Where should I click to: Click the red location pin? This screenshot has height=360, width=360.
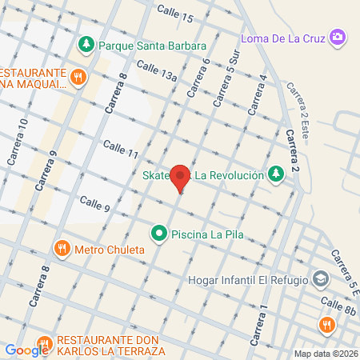[181, 178]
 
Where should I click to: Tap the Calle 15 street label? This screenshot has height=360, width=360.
[175, 14]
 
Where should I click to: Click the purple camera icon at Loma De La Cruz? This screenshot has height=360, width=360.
[338, 37]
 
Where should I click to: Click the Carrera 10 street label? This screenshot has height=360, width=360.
[17, 143]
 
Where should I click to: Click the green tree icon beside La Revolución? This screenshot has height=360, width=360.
[276, 174]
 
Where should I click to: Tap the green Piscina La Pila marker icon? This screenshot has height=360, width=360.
[159, 234]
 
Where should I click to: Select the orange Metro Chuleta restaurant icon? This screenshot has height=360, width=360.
[62, 249]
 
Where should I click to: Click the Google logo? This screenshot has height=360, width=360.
[26, 350]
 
